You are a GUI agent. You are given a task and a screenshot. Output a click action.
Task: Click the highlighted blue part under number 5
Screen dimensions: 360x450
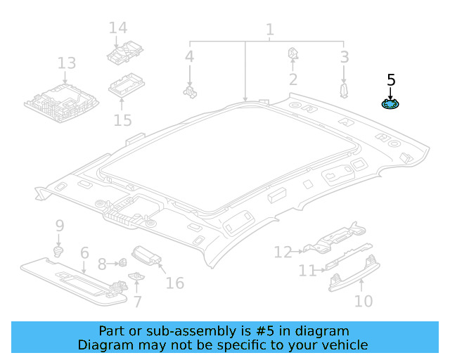coord(390,105)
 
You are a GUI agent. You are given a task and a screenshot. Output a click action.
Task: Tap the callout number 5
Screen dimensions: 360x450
coord(391,79)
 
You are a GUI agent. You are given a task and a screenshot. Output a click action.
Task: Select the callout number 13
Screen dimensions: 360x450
coord(66,64)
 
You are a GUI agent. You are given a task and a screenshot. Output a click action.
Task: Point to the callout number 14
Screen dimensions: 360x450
coord(117,28)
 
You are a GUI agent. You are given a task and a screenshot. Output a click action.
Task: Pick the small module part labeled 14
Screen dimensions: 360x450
coord(124,53)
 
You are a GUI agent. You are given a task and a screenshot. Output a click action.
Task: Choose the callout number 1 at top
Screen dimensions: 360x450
coord(269,30)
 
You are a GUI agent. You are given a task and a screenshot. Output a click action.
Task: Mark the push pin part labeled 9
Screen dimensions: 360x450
coord(59,251)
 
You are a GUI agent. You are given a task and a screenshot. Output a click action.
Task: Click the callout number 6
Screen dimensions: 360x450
coord(84,252)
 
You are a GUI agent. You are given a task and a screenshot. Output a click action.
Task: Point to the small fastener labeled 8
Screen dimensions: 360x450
coord(121,264)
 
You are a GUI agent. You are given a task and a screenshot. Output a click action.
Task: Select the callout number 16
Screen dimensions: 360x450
coord(174,283)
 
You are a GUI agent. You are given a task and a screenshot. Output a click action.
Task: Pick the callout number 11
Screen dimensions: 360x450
coord(307,271)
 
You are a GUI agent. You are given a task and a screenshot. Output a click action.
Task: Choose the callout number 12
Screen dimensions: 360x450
coord(283,252)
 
